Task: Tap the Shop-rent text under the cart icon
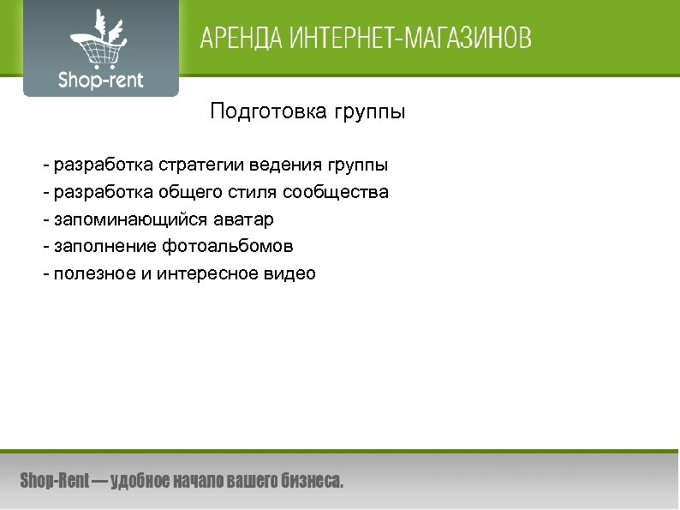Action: click(x=101, y=81)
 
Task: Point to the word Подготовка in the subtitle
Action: click(x=264, y=112)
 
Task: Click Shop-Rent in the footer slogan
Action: click(x=54, y=481)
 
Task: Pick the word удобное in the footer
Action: click(x=140, y=481)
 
